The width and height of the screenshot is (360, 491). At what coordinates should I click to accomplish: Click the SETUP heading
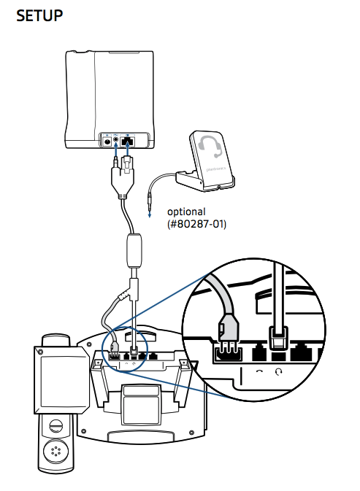click(x=39, y=15)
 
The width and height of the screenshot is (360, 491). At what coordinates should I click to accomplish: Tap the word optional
click(x=186, y=212)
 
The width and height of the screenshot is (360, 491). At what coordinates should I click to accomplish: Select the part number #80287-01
click(x=197, y=224)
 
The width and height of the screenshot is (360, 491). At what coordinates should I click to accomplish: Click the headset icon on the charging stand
click(x=210, y=147)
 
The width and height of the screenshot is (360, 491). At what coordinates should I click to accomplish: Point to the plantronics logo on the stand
click(x=216, y=169)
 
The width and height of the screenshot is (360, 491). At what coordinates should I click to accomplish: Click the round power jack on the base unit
click(x=107, y=142)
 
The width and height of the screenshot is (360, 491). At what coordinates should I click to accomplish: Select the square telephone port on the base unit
click(x=127, y=142)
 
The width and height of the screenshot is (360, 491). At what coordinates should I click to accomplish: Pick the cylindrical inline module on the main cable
click(x=134, y=251)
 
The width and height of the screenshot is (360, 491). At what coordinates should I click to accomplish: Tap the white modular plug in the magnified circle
click(x=278, y=338)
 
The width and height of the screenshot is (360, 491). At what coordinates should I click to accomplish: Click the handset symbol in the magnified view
click(x=260, y=371)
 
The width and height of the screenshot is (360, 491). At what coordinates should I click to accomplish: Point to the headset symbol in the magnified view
click(x=278, y=371)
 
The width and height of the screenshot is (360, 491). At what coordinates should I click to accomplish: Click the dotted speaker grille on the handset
click(x=56, y=451)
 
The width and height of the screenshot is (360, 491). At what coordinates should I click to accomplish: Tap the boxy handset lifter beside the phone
click(x=61, y=379)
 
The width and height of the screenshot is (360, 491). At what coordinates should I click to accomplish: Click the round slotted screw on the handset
click(x=56, y=426)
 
